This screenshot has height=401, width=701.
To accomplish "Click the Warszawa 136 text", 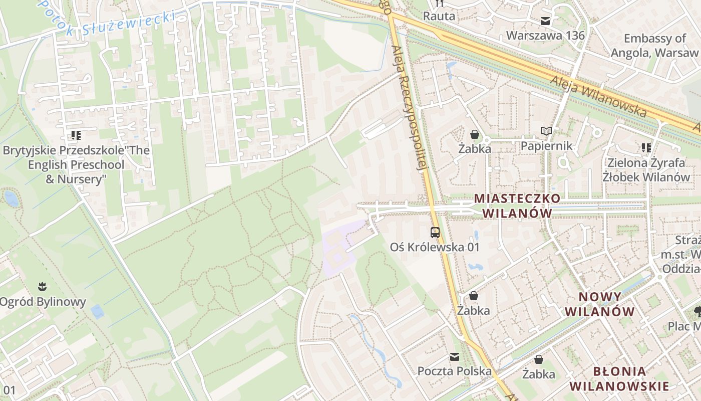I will [x=545, y=36].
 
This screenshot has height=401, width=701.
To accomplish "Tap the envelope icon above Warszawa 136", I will [x=545, y=21].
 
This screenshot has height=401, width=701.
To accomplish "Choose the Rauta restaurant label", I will [x=439, y=16].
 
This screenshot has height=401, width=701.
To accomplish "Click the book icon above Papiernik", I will [x=546, y=131].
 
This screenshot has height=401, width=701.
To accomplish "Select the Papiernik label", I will [x=546, y=146].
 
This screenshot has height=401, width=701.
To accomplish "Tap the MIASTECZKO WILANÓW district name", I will [x=517, y=206].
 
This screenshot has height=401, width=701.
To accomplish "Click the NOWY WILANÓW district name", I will [x=600, y=304].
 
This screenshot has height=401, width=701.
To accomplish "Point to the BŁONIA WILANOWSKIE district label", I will [x=619, y=378].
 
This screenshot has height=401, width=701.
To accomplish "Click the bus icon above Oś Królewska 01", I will [x=435, y=232].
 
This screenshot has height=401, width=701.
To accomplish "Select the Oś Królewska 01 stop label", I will [x=435, y=247].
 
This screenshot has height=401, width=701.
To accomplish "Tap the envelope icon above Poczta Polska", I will [x=455, y=357].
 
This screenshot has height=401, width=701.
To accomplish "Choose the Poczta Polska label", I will [x=455, y=371].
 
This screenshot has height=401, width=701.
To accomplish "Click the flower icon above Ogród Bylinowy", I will [x=43, y=287].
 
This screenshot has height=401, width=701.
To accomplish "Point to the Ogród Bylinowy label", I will [x=43, y=302].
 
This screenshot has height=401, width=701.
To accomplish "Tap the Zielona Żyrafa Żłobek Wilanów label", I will [x=646, y=169].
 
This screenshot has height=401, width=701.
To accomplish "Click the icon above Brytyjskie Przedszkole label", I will [x=76, y=135].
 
